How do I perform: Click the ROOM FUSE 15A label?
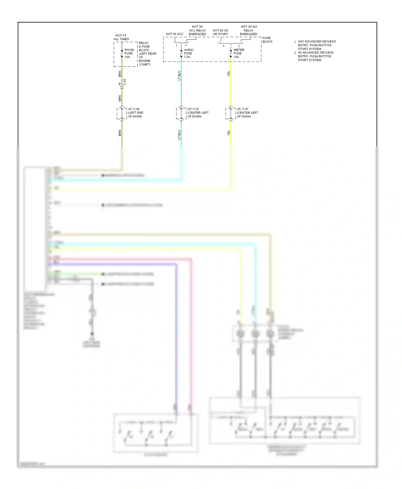(x=129, y=54)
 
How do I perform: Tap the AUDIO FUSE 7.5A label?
(x=188, y=54)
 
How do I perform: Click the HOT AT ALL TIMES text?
(x=121, y=37)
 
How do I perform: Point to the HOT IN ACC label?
(x=174, y=34)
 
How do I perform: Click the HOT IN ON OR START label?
(x=220, y=32)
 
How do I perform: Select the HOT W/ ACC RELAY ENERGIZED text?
(x=198, y=30)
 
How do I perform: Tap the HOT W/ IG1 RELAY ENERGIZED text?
(x=249, y=30)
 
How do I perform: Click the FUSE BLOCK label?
(x=267, y=40)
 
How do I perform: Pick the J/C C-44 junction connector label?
(x=135, y=113)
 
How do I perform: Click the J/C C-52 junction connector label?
(x=198, y=113)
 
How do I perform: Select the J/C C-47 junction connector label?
(x=247, y=113)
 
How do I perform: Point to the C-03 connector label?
(x=125, y=82)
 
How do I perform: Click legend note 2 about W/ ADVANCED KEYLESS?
(x=315, y=56)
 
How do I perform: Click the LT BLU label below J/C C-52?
(x=179, y=135)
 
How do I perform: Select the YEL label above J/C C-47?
(x=229, y=74)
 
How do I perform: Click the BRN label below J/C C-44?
(x=120, y=133)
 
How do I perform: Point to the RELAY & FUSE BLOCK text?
(x=147, y=54)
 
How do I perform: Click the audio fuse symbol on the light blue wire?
(x=181, y=54)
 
